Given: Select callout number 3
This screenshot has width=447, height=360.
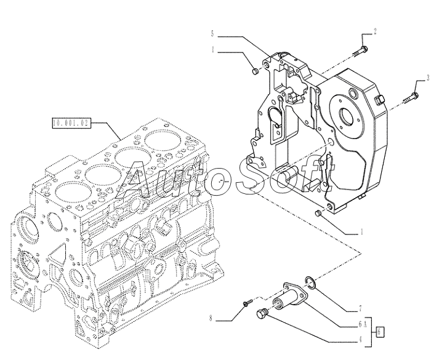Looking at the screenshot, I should point(425,77).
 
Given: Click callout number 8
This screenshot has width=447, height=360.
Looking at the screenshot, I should point(211,318).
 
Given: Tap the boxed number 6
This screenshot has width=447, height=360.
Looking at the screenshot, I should point(381,330).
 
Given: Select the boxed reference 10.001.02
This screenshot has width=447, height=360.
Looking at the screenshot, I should point(71,123).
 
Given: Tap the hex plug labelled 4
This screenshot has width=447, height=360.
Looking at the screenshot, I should point(261,314).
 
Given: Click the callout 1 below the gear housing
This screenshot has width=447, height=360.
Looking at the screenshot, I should point(361,233).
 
